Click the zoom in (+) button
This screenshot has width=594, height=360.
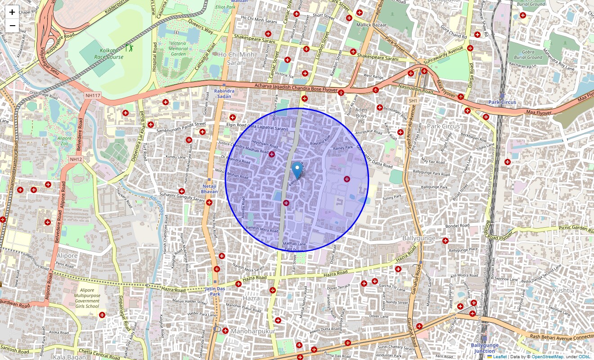point(12,12)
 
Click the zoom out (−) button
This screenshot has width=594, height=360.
point(12,26)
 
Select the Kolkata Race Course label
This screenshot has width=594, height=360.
point(106,54)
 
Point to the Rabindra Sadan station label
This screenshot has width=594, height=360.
point(224,93)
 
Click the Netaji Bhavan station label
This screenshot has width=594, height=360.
point(209,189)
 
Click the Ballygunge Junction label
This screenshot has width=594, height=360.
point(485,348)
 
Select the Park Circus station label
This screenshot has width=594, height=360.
point(502,102)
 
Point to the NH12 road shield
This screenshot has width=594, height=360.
point(76,159)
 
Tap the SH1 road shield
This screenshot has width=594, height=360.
point(413,101)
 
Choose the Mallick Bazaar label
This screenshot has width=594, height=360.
point(371,25)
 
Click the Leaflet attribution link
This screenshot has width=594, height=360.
point(500,356)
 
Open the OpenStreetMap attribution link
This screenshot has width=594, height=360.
point(548,356)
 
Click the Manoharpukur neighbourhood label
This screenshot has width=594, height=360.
point(252,331)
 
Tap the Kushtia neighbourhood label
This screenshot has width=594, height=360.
point(563,290)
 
